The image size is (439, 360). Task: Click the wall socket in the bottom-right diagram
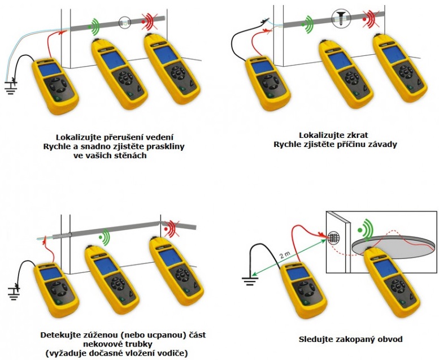click(x=333, y=236)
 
